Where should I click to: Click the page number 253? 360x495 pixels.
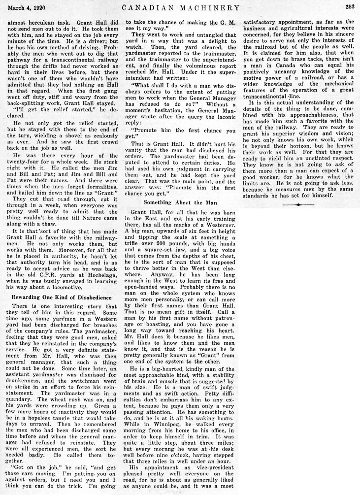pyautogui.click(x=350, y=7)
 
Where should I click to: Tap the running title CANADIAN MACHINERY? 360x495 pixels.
pyautogui.click(x=181, y=7)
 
